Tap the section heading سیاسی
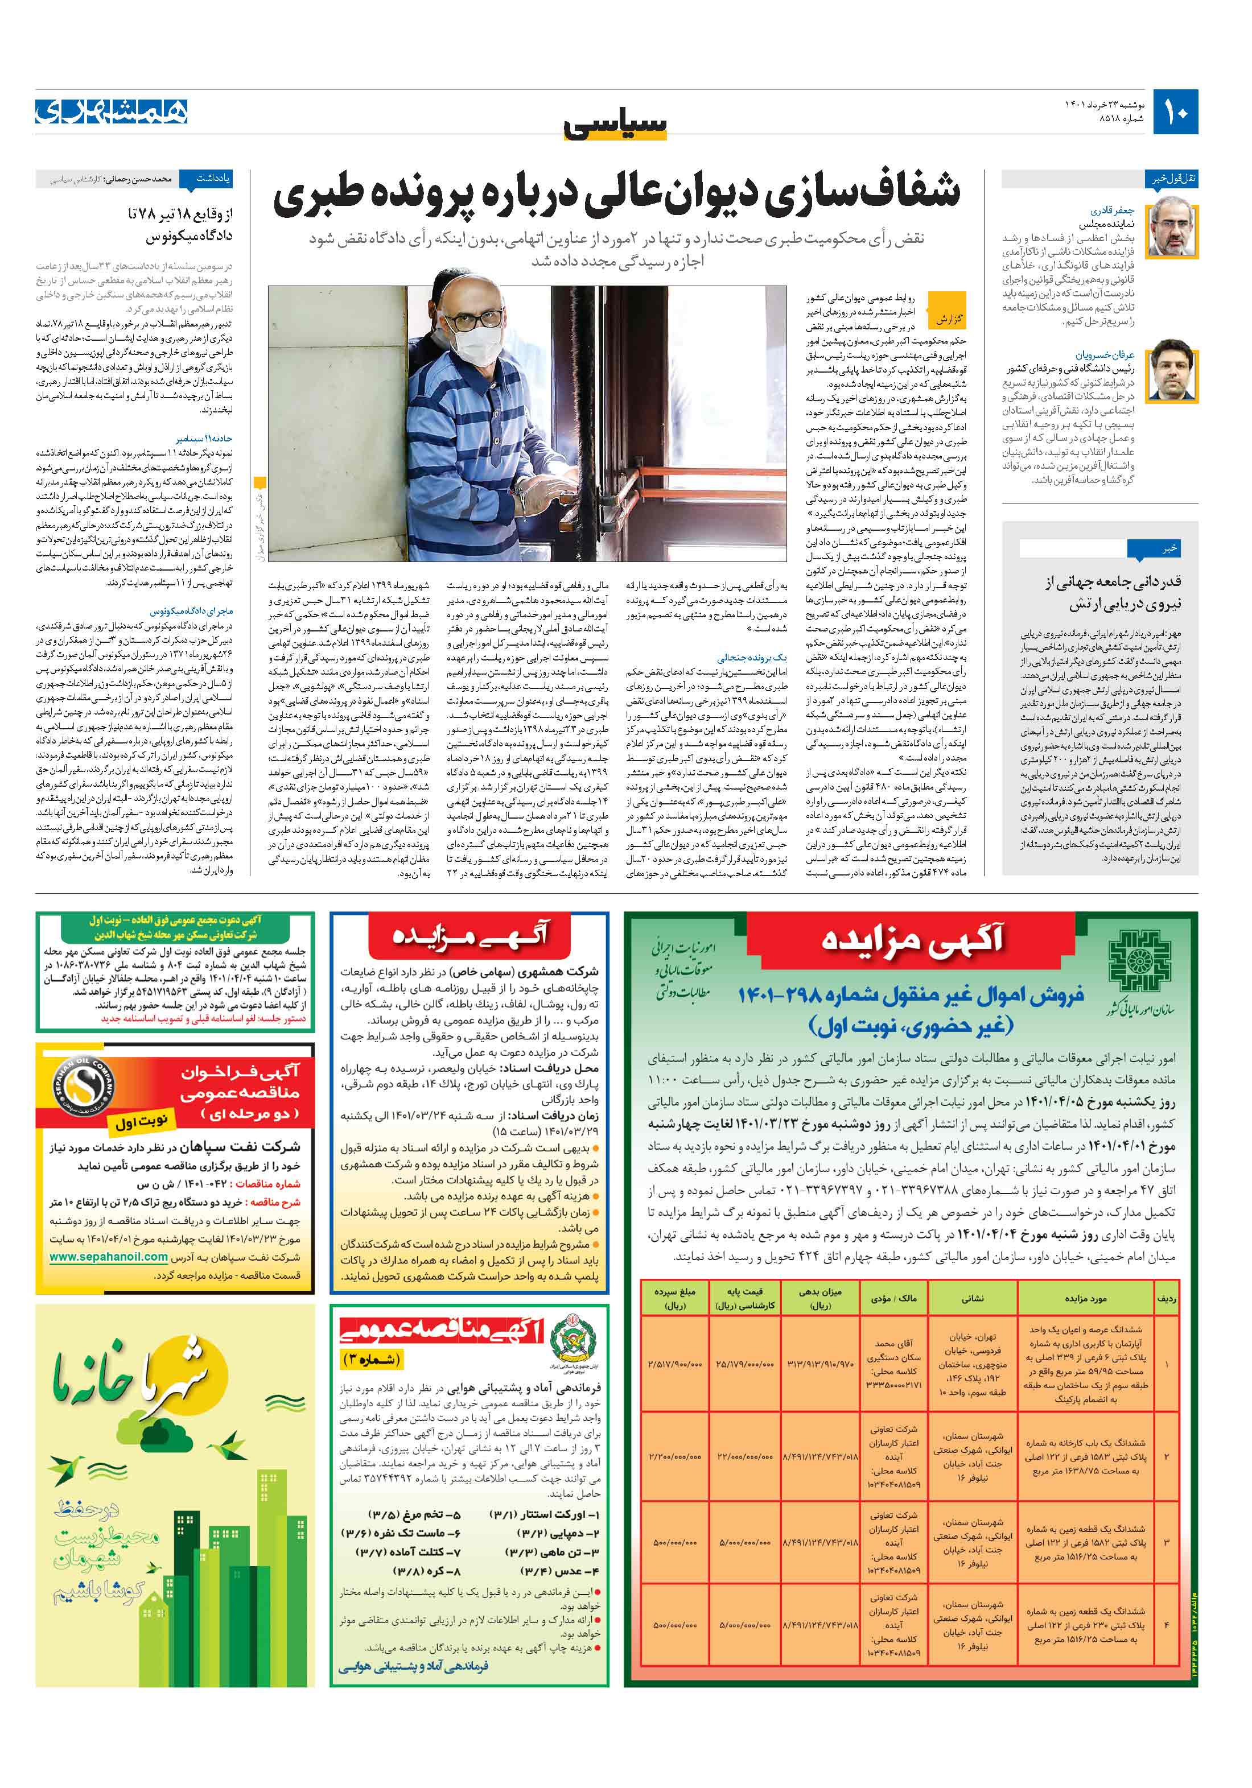pos(616,125)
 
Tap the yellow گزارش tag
pos(948,319)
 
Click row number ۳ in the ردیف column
pos(1166,1542)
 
